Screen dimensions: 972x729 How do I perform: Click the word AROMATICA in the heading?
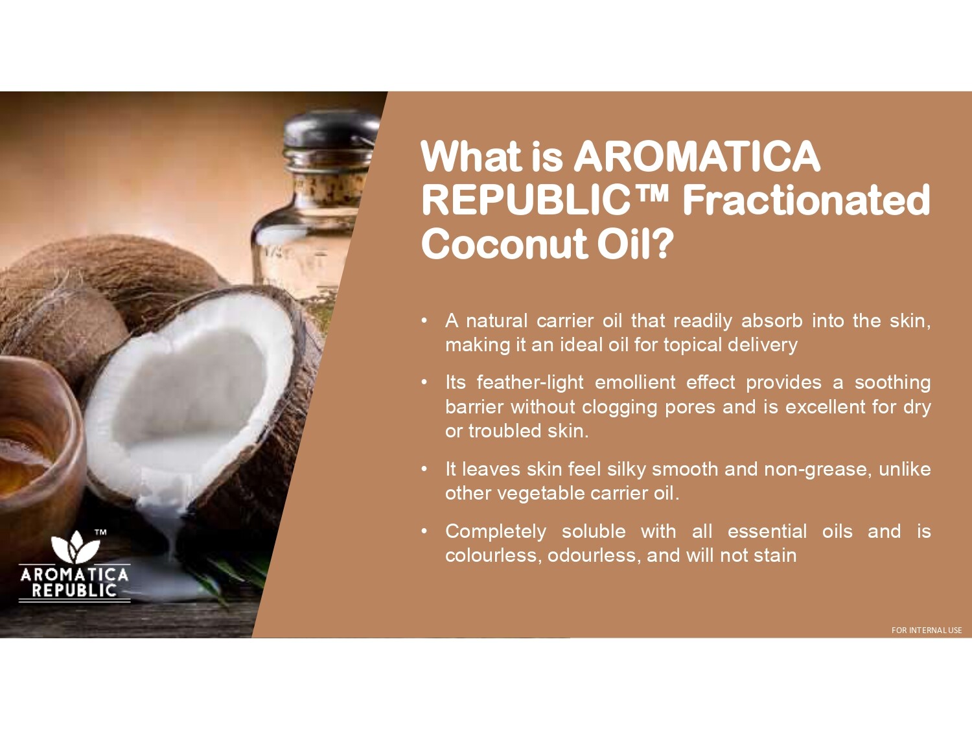tap(697, 156)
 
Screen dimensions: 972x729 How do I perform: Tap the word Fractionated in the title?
tap(806, 200)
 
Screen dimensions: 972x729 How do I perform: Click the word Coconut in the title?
tap(505, 244)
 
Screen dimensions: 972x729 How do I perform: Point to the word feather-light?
tap(530, 382)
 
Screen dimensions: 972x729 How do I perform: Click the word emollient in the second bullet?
tap(635, 382)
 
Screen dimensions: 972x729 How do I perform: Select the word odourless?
tap(594, 555)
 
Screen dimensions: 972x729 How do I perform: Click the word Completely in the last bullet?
tap(496, 531)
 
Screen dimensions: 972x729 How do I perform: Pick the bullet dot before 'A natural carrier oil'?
tap(424, 321)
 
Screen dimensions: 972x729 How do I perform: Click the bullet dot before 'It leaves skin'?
tap(424, 469)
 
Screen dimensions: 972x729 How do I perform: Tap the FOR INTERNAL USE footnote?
tap(927, 630)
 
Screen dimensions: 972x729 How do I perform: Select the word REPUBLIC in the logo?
tap(75, 590)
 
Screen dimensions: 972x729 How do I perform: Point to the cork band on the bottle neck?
tap(330, 189)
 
